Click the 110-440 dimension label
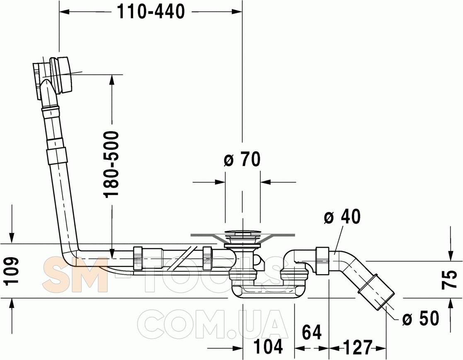coord(151,12)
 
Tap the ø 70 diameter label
coord(242,159)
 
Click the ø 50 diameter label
coord(421,318)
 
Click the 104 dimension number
coord(269,346)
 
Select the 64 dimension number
coord(312,332)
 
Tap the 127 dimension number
coord(357,347)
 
